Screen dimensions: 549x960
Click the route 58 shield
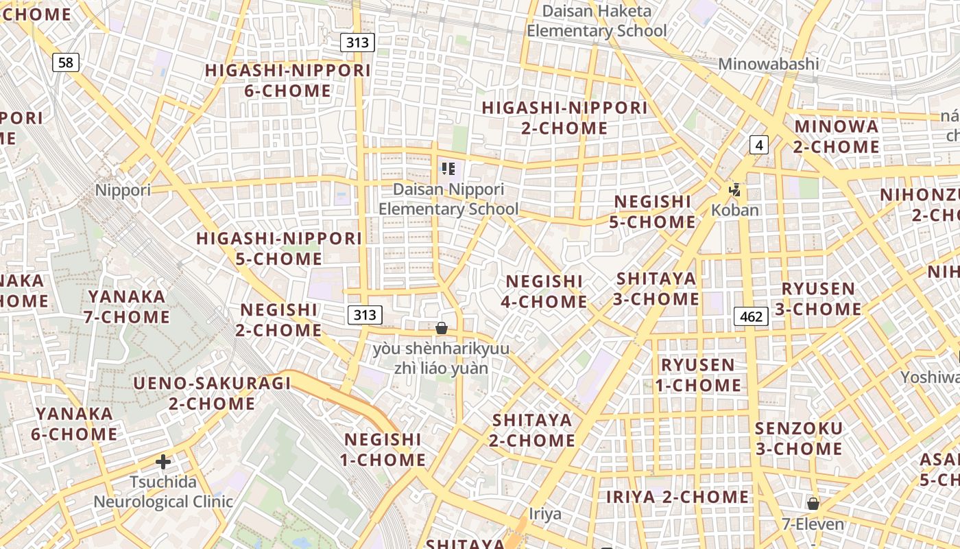click(x=65, y=63)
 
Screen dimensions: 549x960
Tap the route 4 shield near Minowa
click(x=758, y=145)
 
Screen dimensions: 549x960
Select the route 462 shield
click(x=751, y=316)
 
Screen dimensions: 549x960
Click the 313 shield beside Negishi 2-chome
click(x=365, y=315)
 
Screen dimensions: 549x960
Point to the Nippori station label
click(x=123, y=190)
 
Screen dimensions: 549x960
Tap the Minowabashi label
click(x=768, y=64)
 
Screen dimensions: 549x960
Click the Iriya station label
click(x=545, y=513)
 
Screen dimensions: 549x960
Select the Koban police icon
click(x=735, y=189)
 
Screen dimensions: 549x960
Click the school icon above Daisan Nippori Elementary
click(x=448, y=169)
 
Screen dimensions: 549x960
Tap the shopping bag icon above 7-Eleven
click(x=813, y=504)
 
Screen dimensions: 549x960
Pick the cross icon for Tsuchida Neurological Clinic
click(x=163, y=462)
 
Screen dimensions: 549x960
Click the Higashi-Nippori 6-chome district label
click(x=288, y=80)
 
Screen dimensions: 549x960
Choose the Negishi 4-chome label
click(x=546, y=291)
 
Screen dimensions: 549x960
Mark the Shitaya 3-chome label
click(x=657, y=289)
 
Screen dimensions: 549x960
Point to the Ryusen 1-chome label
click(x=697, y=375)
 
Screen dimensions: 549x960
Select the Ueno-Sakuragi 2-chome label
click(x=212, y=393)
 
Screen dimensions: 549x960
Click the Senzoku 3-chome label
click(x=798, y=439)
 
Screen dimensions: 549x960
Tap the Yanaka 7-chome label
click(x=127, y=307)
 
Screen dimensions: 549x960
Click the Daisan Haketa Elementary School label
click(x=597, y=21)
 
